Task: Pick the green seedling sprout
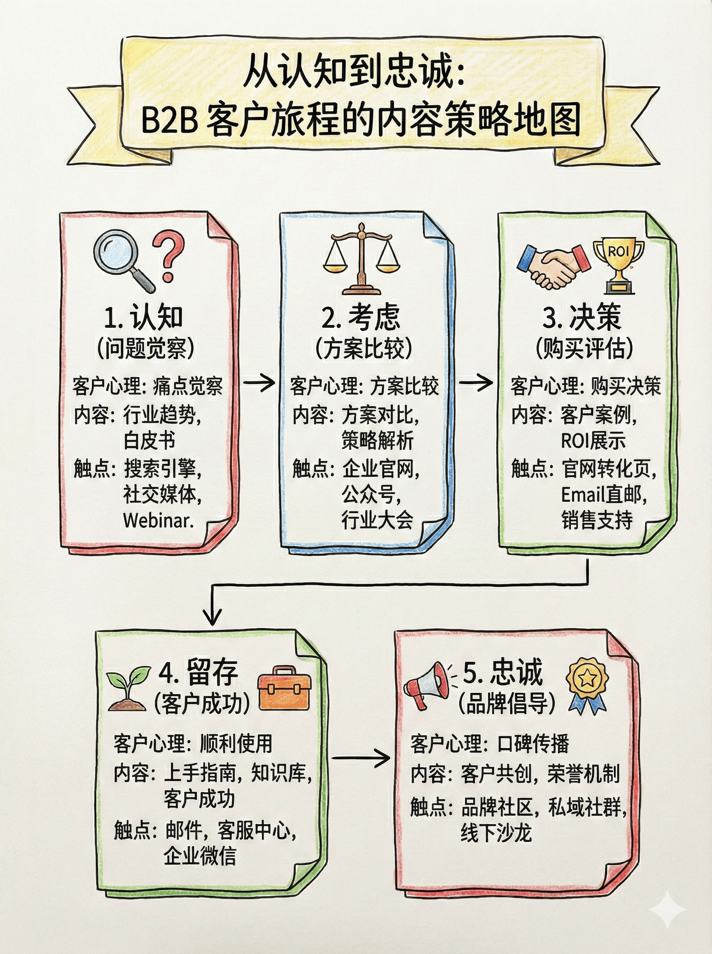pos(128,688)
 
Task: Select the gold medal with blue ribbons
pos(587,684)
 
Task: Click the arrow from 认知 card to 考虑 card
pos(259,382)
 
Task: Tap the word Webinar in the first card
pos(158,521)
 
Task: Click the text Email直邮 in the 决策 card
pos(604,495)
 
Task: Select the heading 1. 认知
pos(144,317)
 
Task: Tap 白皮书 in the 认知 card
pos(149,440)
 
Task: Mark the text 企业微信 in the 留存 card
pos(199,856)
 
